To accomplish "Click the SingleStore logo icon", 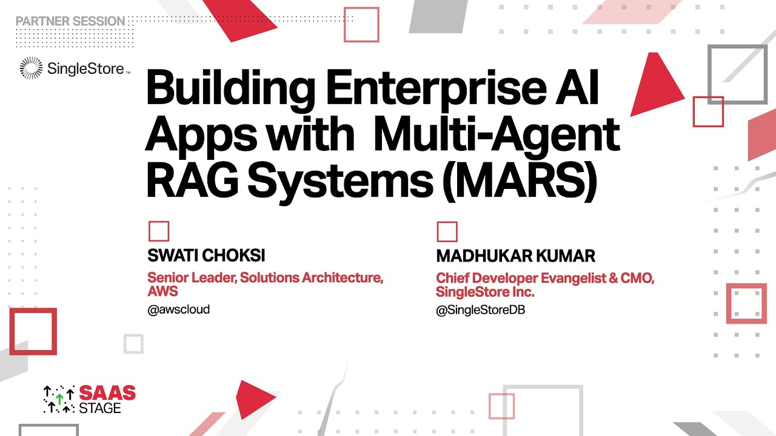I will click(x=31, y=68).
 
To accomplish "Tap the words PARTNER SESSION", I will click(x=70, y=21).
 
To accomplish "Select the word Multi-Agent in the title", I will click(x=497, y=135).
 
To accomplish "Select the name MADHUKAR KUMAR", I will click(x=515, y=256).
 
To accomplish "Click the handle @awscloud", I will click(x=179, y=309).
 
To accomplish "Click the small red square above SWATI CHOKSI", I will click(x=159, y=231).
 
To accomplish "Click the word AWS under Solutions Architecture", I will click(x=163, y=292).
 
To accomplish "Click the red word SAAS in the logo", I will click(x=108, y=394).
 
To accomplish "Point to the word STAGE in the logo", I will click(x=100, y=408).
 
